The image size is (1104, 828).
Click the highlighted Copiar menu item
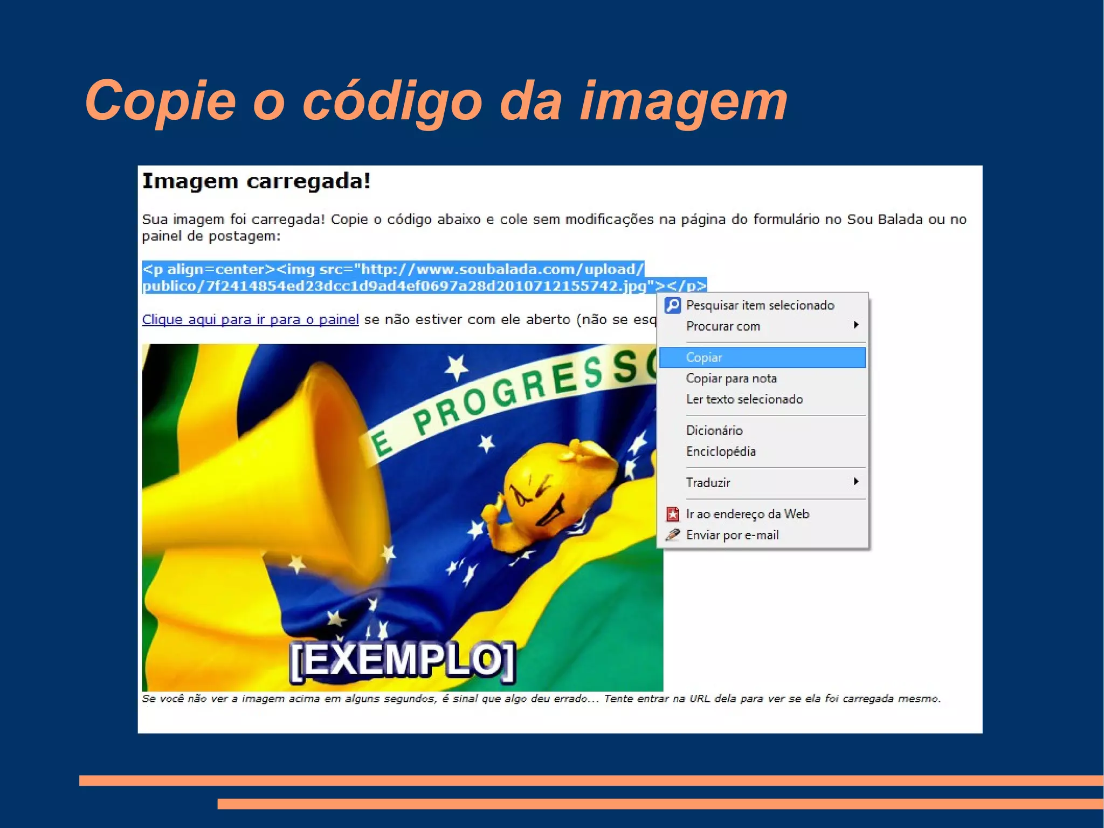pyautogui.click(x=703, y=358)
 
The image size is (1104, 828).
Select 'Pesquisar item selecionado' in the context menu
pyautogui.click(x=760, y=305)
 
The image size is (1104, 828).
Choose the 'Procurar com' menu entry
pyautogui.click(x=723, y=326)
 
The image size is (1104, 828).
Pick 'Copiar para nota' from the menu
pyautogui.click(x=731, y=379)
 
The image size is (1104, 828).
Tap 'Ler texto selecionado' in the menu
pyautogui.click(x=744, y=400)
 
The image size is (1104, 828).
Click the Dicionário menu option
pyautogui.click(x=714, y=430)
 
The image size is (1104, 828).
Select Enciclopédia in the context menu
pyautogui.click(x=721, y=451)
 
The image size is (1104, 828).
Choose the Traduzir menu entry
pyautogui.click(x=708, y=483)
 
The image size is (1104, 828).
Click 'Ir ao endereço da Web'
pyautogui.click(x=747, y=514)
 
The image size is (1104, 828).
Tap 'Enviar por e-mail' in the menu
pyautogui.click(x=732, y=535)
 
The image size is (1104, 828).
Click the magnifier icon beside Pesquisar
pyautogui.click(x=672, y=305)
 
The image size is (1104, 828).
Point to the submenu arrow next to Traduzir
pyautogui.click(x=855, y=481)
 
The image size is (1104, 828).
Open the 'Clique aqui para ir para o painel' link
pyautogui.click(x=250, y=320)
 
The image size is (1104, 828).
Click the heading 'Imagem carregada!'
pyautogui.click(x=256, y=182)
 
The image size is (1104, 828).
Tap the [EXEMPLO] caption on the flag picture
pyautogui.click(x=402, y=660)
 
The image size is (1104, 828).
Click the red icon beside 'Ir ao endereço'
pyautogui.click(x=672, y=514)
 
